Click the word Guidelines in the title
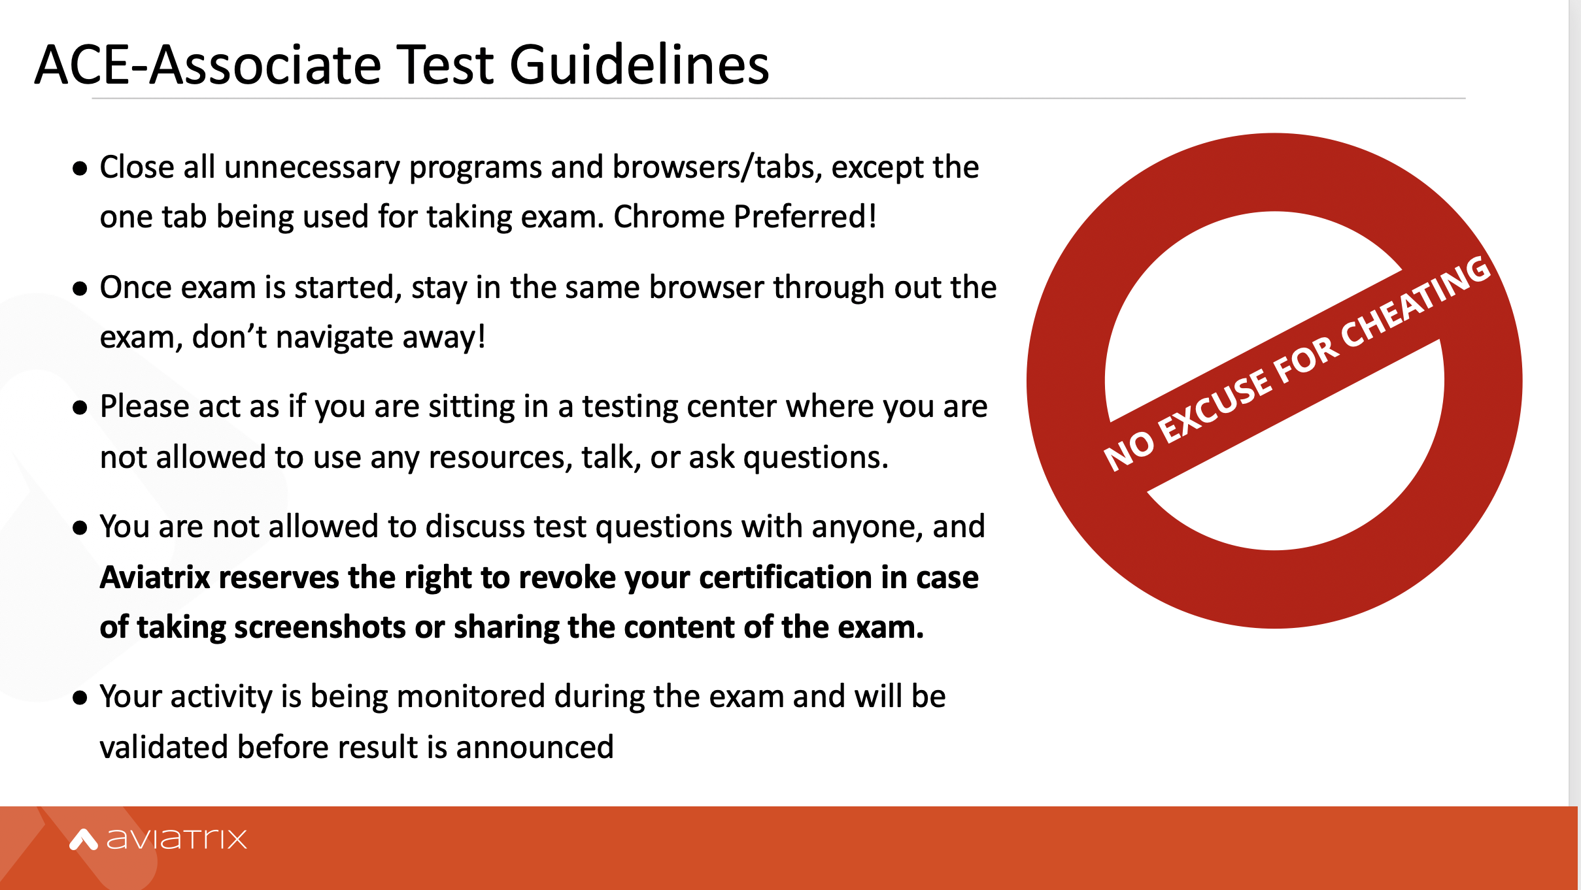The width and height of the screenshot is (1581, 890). click(639, 65)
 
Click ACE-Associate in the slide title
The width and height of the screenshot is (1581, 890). click(209, 65)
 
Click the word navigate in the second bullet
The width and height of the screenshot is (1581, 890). click(334, 337)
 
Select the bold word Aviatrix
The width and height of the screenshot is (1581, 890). click(155, 578)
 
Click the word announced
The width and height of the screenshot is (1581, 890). click(535, 747)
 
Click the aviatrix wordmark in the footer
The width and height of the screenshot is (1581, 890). click(177, 838)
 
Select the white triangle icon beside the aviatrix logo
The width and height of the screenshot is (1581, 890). click(83, 840)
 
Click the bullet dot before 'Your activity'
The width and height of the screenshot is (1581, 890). click(80, 698)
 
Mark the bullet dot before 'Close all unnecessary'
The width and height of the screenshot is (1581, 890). click(80, 169)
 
